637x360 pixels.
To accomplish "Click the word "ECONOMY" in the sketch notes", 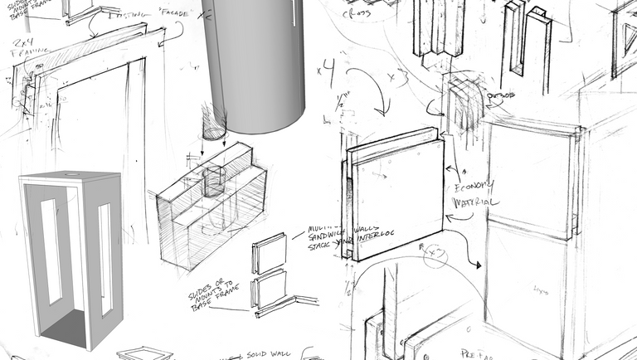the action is pos(475,185).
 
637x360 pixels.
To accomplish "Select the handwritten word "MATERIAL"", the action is pos(474,202).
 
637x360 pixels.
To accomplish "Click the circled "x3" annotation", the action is pos(436,255).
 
